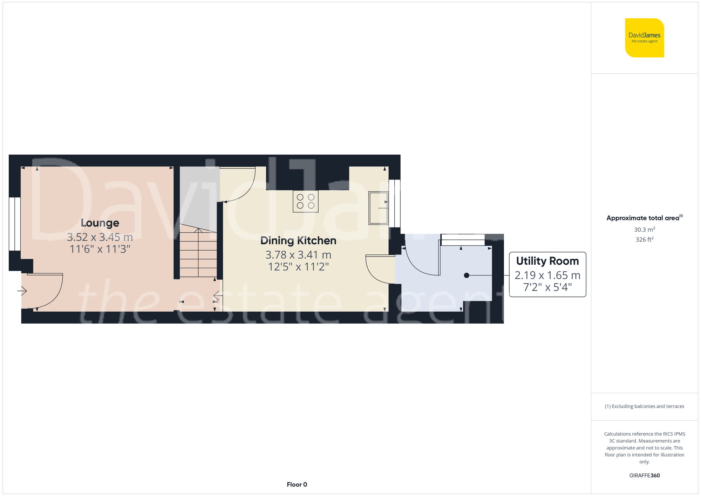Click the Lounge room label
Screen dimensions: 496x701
click(100, 223)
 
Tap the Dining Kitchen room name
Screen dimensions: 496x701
click(298, 240)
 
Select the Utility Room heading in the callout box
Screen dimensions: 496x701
click(547, 261)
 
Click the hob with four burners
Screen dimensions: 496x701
click(306, 201)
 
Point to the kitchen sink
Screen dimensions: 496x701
click(378, 208)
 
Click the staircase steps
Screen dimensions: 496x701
click(198, 252)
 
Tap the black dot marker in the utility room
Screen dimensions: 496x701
click(467, 276)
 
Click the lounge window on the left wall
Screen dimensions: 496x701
click(14, 224)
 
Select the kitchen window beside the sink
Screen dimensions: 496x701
click(395, 203)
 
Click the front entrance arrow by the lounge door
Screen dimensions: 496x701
click(22, 291)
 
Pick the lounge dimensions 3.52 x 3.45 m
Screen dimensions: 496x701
click(100, 237)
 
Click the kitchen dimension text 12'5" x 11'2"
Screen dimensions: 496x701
click(298, 267)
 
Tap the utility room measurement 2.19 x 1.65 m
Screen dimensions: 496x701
click(547, 276)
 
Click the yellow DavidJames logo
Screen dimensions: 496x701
click(644, 38)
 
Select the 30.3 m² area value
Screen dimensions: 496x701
click(644, 230)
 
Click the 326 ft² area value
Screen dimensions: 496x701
click(644, 239)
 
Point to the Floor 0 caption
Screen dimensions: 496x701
click(297, 484)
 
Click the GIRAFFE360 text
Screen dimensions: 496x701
click(644, 476)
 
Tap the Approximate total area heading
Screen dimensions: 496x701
click(644, 218)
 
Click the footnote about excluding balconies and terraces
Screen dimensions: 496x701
click(644, 406)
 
